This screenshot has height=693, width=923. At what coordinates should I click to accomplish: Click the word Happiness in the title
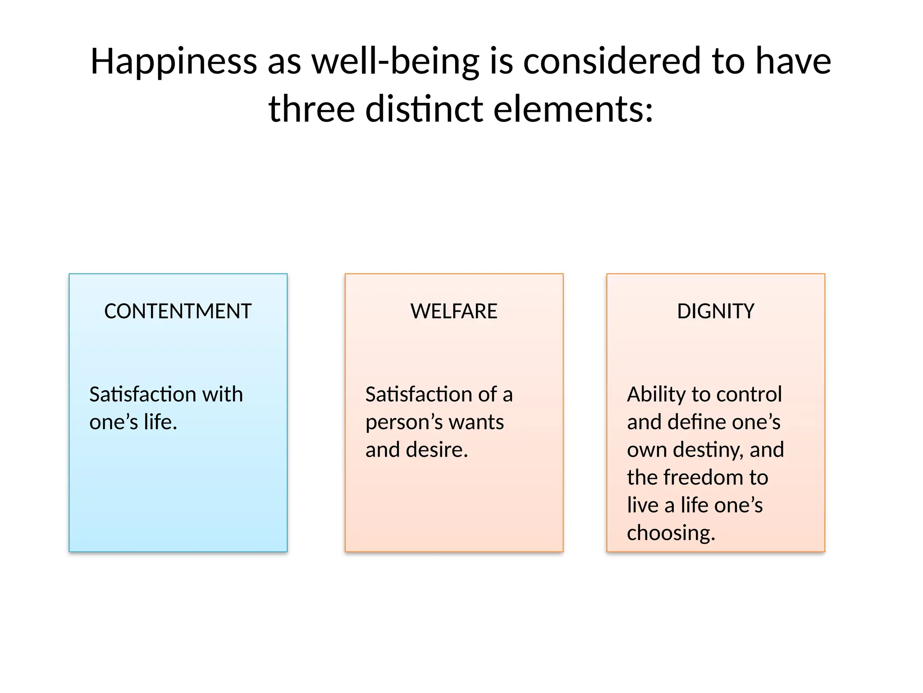[174, 62]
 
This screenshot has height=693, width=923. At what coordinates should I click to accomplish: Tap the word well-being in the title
[395, 62]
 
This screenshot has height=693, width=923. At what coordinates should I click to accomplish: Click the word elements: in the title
[573, 109]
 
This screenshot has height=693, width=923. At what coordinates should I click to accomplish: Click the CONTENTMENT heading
[178, 311]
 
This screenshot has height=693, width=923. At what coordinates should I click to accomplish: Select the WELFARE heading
[454, 311]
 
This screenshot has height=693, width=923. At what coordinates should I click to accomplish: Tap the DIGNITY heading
[715, 311]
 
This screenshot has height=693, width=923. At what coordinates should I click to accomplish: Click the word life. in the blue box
[160, 422]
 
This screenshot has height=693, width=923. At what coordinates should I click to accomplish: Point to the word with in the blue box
[222, 394]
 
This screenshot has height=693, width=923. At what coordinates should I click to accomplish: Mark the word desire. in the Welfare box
[437, 450]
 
